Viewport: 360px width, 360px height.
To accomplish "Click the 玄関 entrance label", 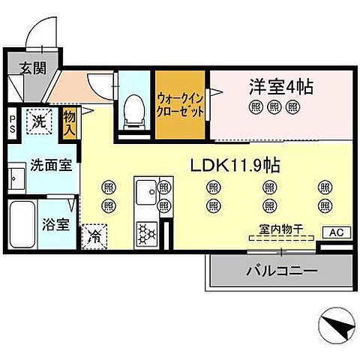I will [x=33, y=68].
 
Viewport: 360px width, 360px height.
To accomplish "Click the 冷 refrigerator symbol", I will [x=96, y=235].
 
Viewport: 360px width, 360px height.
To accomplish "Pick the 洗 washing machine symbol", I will [x=37, y=120].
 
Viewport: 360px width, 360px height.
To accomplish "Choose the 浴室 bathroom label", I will [x=55, y=223].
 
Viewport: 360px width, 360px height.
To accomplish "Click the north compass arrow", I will [x=333, y=326].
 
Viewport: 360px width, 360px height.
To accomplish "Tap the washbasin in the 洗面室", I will [x=16, y=181].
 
